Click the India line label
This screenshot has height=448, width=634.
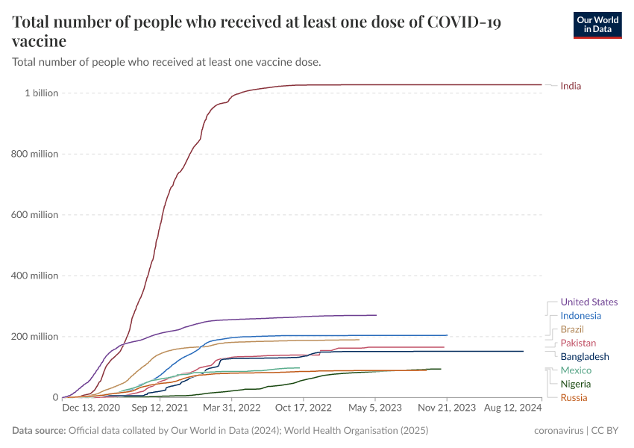(x=571, y=86)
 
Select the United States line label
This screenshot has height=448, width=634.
(x=589, y=302)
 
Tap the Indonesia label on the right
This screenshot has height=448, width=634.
(x=580, y=316)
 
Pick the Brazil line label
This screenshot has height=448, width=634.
(x=572, y=329)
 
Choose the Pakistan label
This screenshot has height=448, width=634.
(x=578, y=343)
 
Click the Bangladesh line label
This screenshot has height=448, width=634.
(x=584, y=357)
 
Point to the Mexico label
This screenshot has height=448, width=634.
(x=576, y=370)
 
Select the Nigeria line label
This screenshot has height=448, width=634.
(x=575, y=384)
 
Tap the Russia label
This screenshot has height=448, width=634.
(x=574, y=398)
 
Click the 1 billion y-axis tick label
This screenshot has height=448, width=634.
(x=41, y=93)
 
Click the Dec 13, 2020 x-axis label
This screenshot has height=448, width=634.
(x=90, y=408)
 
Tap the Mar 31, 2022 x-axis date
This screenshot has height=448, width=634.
(x=233, y=408)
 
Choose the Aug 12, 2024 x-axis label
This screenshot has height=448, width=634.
(x=514, y=408)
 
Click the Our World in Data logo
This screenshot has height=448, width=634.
(x=597, y=25)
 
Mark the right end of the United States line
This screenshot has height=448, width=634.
(x=376, y=315)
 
